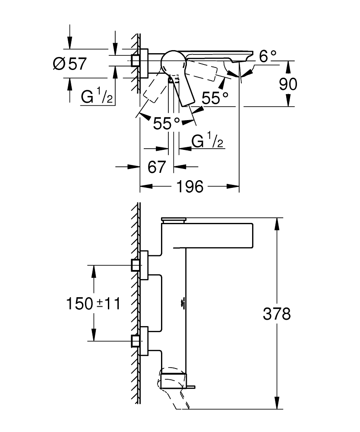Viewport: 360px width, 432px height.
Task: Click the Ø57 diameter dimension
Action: tap(70, 64)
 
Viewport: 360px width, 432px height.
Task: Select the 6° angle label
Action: tap(268, 56)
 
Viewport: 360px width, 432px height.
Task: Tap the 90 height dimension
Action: tap(287, 84)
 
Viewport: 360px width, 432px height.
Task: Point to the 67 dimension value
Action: tap(156, 167)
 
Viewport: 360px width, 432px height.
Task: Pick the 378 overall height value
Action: tap(277, 314)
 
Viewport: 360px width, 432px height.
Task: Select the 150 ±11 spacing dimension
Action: tap(93, 303)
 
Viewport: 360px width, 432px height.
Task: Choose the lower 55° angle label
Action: tap(167, 124)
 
